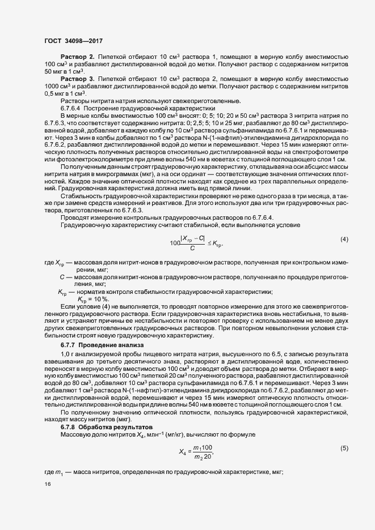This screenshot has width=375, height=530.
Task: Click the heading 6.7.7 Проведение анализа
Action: (x=95, y=345)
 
